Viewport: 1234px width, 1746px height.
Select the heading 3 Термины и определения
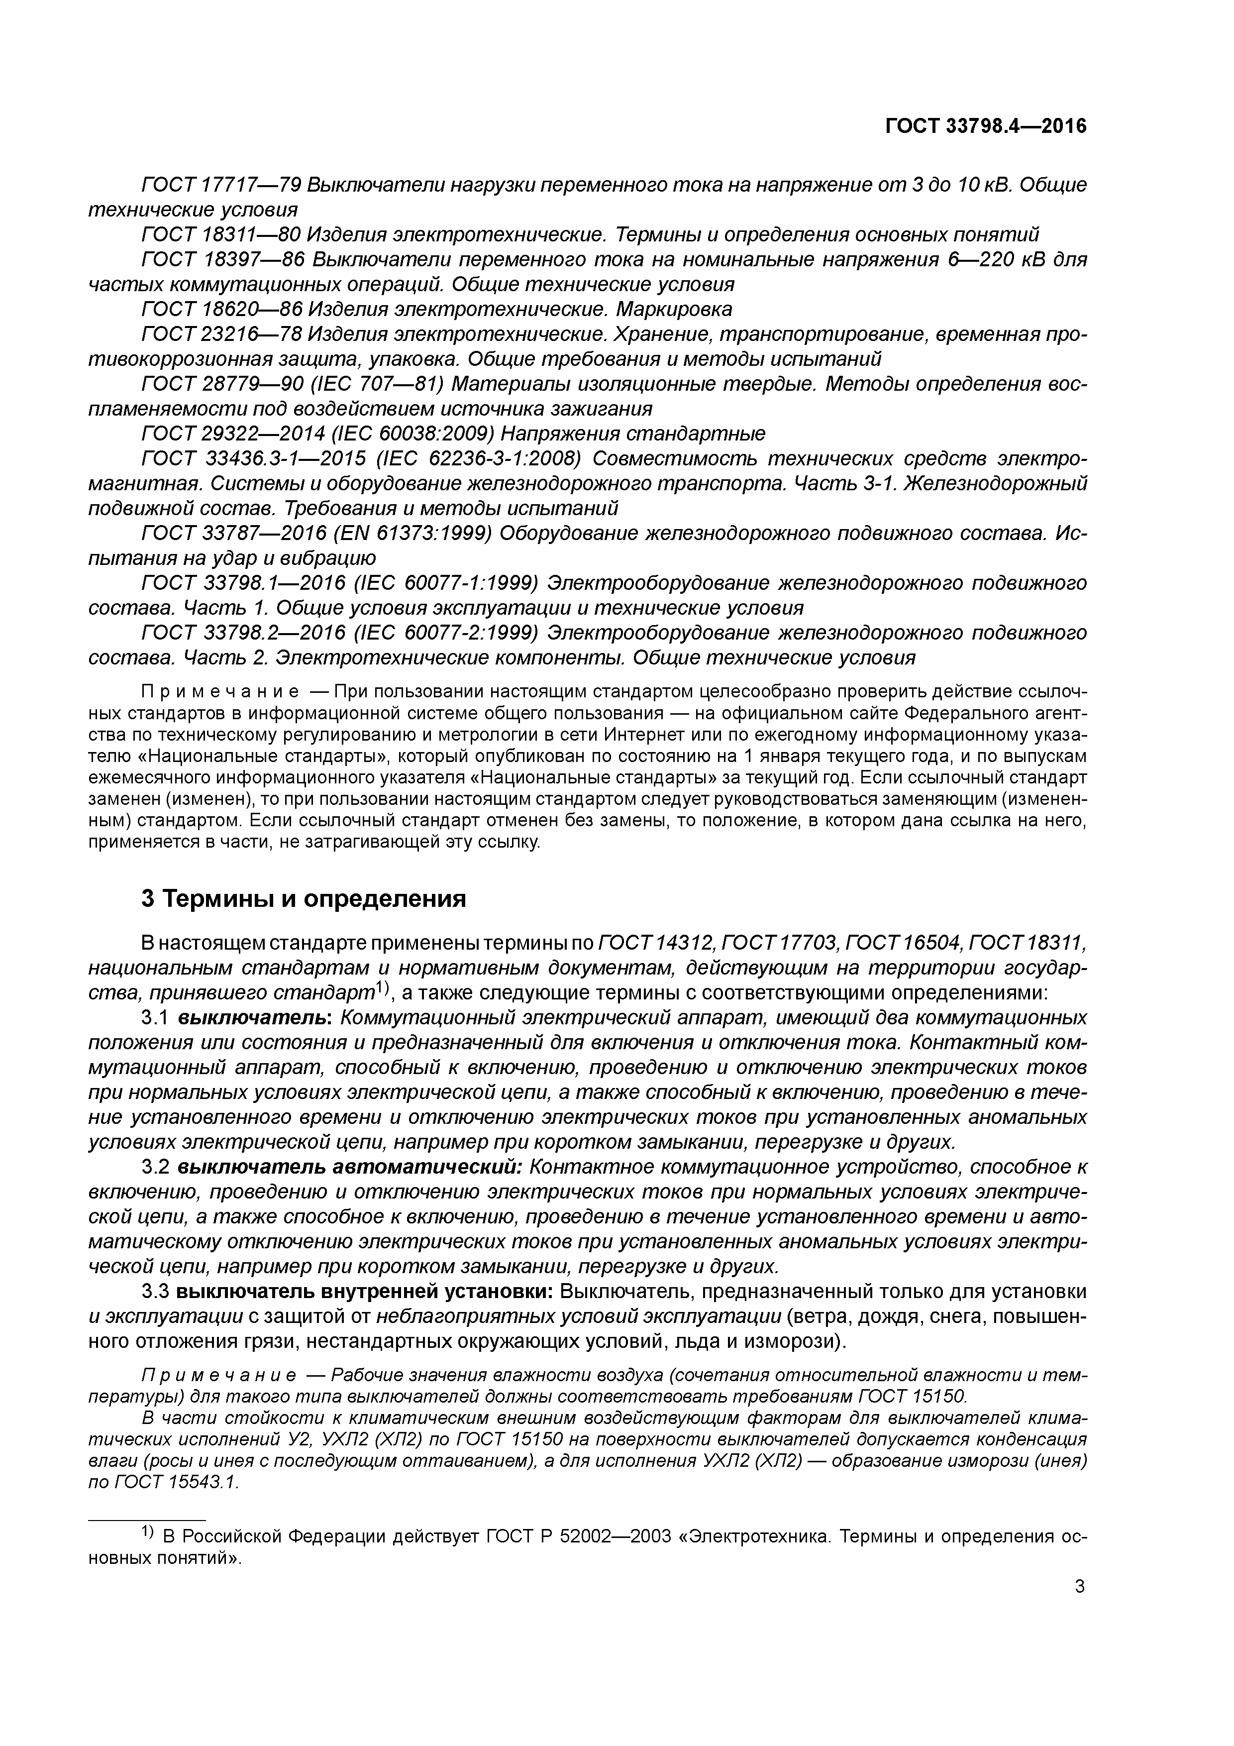[x=304, y=899]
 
